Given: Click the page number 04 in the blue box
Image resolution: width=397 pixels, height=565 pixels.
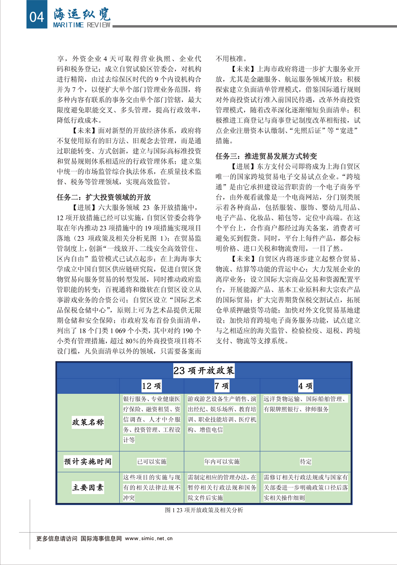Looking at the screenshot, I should (x=36, y=17).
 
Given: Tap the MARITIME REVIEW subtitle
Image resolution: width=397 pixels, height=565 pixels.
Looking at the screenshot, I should (x=82, y=25).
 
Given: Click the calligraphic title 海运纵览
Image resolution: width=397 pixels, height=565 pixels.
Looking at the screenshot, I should (x=82, y=14).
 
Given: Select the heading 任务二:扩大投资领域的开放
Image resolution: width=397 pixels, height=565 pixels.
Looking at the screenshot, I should (x=104, y=197).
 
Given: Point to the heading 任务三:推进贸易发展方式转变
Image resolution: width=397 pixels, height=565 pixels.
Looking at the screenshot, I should (x=266, y=156).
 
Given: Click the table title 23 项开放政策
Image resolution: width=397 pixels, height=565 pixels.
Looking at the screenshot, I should (x=204, y=370).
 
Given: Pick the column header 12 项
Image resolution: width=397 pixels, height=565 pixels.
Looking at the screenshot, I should (x=152, y=386).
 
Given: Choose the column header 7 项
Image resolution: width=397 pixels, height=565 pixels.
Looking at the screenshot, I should (x=222, y=386).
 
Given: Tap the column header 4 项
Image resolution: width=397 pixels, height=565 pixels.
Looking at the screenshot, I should (x=305, y=386).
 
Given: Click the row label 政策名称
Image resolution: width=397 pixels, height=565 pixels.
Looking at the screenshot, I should (x=88, y=422).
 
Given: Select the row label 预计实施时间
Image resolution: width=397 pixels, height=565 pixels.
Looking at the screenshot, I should (x=88, y=461).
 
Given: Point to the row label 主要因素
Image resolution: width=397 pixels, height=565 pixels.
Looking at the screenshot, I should (x=88, y=488).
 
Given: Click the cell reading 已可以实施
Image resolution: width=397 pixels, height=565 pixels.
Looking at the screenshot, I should (x=152, y=462).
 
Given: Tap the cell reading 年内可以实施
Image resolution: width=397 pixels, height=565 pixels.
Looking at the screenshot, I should (x=222, y=462).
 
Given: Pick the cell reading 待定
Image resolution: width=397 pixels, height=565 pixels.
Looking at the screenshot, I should (x=306, y=462).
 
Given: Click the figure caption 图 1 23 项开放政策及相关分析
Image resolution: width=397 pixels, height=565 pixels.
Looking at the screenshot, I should (x=204, y=510).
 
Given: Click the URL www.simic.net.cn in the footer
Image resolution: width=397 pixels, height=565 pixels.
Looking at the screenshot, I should (x=149, y=539).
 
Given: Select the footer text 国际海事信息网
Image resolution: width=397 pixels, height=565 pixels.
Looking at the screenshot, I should (x=101, y=539).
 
